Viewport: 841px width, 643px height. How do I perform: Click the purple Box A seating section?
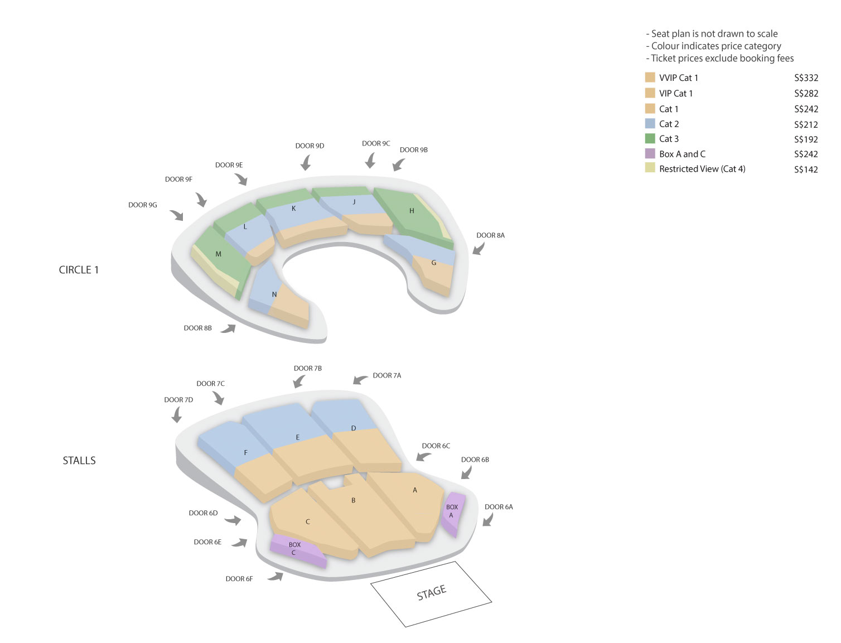[453, 514]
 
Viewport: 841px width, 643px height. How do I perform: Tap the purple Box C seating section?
[297, 550]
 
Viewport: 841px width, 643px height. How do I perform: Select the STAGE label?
[432, 592]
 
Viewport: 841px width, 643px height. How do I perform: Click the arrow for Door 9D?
[306, 163]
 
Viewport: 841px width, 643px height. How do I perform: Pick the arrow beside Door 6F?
[275, 577]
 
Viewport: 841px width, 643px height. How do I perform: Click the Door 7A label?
[387, 376]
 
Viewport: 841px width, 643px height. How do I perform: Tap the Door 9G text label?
[143, 205]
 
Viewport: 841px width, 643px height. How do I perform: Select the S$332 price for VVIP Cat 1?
[806, 78]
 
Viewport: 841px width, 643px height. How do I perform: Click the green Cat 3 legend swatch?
[650, 138]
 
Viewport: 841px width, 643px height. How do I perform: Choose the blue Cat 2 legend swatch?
[650, 123]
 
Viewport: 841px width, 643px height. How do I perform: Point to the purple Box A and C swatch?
[650, 153]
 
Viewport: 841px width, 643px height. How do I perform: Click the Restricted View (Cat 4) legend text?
[702, 169]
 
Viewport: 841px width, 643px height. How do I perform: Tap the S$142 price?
[806, 170]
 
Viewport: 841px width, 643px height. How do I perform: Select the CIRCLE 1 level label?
[79, 270]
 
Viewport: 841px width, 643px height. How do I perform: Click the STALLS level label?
[79, 460]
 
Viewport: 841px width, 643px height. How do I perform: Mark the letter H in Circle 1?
[412, 211]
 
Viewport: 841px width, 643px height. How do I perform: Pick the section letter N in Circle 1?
[274, 294]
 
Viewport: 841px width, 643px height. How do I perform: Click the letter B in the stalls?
[353, 501]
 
